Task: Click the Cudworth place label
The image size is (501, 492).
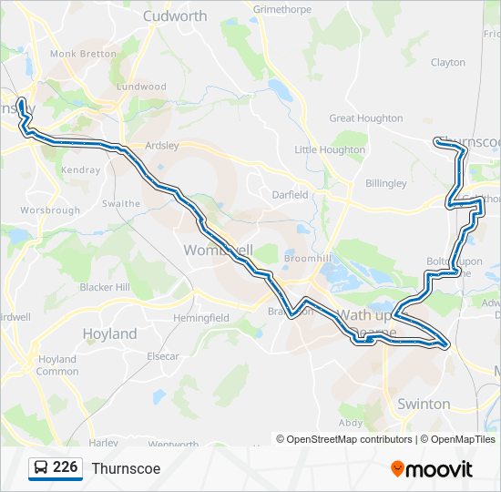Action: point(175,15)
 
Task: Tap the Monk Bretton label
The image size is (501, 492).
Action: point(83,54)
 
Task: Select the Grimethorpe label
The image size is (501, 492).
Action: point(282,9)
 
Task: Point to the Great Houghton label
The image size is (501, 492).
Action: point(365,118)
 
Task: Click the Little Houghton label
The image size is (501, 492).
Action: point(329,150)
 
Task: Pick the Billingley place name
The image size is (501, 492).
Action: point(385,183)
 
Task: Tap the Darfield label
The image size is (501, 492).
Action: point(291,194)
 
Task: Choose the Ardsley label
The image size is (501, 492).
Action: point(161,145)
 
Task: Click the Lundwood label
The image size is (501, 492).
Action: point(141,87)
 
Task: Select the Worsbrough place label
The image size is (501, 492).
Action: point(50,210)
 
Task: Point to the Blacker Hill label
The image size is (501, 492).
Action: point(105,287)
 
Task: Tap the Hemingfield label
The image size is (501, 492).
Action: point(201,318)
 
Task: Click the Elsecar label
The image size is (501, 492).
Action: point(163,356)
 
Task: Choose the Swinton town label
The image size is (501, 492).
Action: point(424,403)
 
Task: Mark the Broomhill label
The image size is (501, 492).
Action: point(304,260)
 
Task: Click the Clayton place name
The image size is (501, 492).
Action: point(447,63)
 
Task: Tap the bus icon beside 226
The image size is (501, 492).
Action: point(41,468)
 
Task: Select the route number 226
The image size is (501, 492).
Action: point(65,467)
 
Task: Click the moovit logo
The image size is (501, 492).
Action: point(432,469)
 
